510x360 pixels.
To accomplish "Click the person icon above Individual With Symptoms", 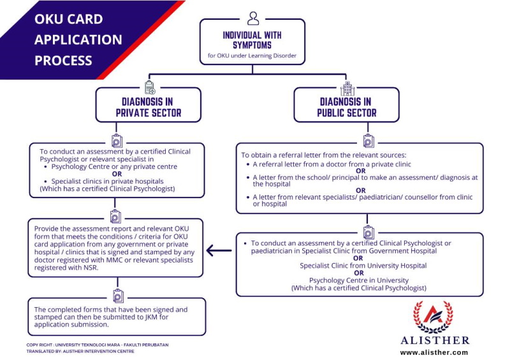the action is click(x=253, y=18).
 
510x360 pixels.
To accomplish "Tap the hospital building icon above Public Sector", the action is click(x=347, y=89).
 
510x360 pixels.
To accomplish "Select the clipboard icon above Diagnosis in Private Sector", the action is click(x=150, y=87).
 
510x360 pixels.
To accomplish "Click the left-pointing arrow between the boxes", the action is click(x=219, y=250).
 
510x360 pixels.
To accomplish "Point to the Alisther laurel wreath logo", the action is click(x=433, y=317).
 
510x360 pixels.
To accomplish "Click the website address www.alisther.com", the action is click(x=434, y=352).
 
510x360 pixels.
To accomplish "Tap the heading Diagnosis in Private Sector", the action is click(x=149, y=107).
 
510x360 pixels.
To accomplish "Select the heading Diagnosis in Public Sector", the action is click(x=346, y=107).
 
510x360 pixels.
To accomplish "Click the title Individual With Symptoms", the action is click(x=252, y=40).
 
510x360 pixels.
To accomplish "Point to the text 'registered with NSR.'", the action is click(x=66, y=268).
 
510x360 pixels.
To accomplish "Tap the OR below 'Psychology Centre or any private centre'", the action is click(x=117, y=174).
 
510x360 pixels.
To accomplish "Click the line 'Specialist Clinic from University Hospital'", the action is click(x=363, y=266).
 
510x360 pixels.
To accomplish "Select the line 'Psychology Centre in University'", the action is click(x=359, y=280).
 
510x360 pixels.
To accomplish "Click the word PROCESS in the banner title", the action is click(x=63, y=61).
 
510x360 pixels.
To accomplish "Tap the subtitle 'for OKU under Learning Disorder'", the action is click(x=252, y=55).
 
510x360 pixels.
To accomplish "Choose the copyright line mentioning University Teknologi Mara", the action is click(x=98, y=345).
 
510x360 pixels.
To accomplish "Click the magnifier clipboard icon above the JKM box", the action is click(x=118, y=296).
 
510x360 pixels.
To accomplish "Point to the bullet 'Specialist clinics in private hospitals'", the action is click(x=107, y=182).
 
